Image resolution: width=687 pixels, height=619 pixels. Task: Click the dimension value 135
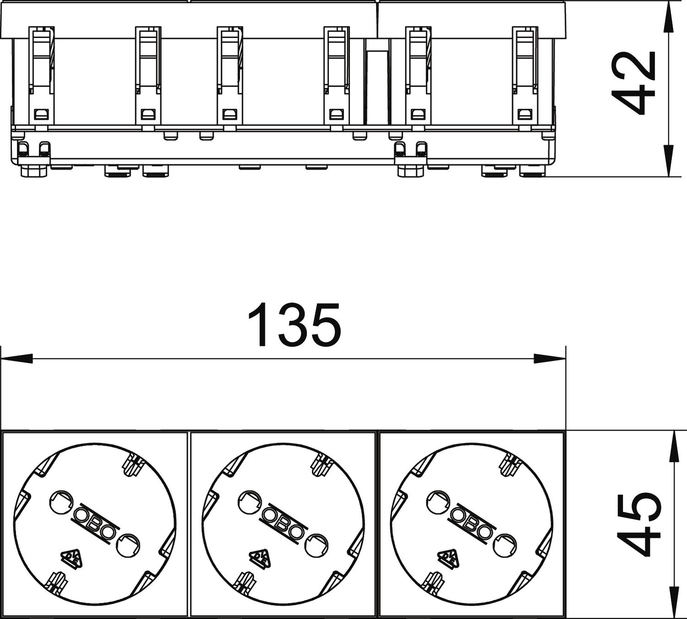coord(294,324)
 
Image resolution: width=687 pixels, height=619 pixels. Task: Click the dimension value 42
coord(633,84)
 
